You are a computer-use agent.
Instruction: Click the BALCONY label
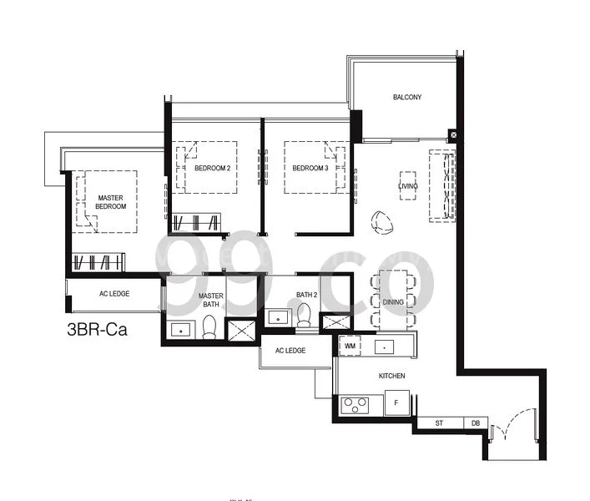407,98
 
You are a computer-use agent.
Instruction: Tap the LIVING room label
407,185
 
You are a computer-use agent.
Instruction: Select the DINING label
393,301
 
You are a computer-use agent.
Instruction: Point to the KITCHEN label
391,377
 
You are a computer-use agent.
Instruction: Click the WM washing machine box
350,344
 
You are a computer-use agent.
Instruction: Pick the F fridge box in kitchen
396,405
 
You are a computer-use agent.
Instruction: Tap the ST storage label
439,424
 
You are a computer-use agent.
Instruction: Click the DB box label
475,424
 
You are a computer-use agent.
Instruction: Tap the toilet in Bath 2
304,315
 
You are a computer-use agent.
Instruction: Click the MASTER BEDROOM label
110,202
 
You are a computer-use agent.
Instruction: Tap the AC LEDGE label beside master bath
113,294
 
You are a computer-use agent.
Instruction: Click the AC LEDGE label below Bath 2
290,351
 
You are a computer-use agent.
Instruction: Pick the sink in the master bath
180,330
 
